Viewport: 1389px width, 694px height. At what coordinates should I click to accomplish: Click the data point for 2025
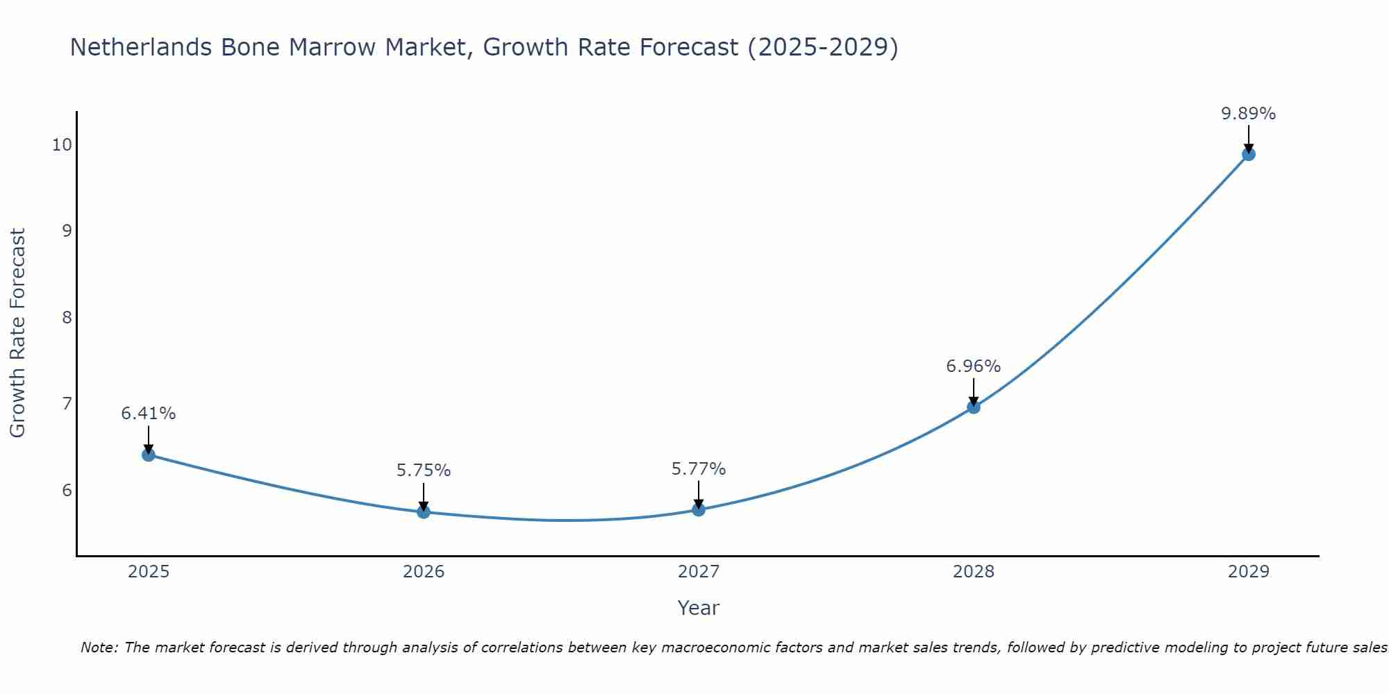coord(149,455)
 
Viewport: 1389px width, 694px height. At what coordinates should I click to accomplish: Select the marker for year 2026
coord(424,511)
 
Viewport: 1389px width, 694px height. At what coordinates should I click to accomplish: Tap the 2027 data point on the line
coord(699,509)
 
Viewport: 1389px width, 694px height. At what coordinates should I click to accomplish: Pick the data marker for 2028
coord(974,407)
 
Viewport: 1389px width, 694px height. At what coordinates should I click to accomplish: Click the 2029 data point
coord(1248,154)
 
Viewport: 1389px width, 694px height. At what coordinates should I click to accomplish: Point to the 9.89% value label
coord(1248,114)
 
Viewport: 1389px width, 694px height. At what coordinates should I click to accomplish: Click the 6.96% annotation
coord(973,366)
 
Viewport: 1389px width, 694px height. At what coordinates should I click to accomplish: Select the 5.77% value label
coord(698,469)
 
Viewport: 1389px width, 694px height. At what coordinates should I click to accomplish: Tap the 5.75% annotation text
coord(424,471)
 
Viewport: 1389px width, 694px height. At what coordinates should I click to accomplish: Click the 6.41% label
coord(149,414)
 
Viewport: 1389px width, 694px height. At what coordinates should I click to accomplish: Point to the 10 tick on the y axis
coord(62,144)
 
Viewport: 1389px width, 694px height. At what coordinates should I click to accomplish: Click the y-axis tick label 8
coord(67,317)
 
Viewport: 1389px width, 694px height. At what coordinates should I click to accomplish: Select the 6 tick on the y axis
coord(67,490)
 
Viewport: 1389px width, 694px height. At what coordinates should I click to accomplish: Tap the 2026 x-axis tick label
coord(424,572)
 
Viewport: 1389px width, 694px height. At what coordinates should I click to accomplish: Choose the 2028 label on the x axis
coord(973,572)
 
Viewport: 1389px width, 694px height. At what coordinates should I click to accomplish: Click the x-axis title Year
coord(698,608)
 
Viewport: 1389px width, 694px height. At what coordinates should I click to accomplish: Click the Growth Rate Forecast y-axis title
coord(17,333)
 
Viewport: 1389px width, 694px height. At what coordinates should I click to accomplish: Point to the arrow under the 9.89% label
coord(1248,139)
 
